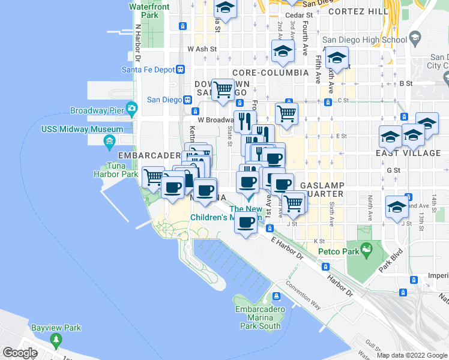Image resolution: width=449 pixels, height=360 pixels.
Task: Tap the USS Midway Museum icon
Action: pos(109,142)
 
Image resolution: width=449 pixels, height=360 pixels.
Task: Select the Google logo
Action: pos(20,353)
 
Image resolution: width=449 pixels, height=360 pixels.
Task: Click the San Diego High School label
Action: pos(369,40)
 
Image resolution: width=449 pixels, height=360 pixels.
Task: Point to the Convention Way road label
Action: pos(303,296)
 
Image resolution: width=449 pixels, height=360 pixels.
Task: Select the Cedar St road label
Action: pos(300,14)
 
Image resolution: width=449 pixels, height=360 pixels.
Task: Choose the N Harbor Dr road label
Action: pos(137,43)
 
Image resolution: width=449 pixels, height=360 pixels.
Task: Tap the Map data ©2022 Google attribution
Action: pos(412,355)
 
